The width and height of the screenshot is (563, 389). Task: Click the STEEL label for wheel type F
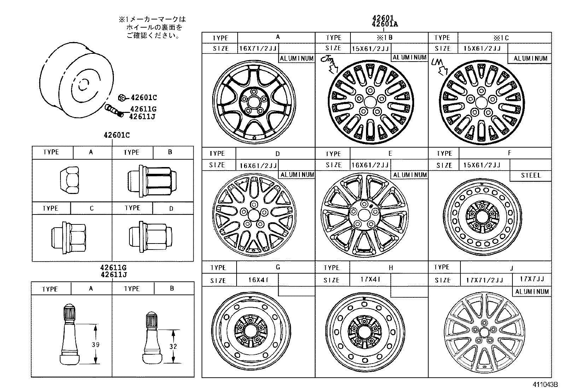pyautogui.click(x=531, y=175)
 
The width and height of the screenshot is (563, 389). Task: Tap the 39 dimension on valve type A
pyautogui.click(x=95, y=344)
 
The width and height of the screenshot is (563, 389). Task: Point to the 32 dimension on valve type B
pyautogui.click(x=173, y=347)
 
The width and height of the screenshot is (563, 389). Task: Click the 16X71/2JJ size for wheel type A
pyautogui.click(x=258, y=48)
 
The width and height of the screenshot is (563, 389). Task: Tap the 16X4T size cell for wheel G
pyautogui.click(x=258, y=280)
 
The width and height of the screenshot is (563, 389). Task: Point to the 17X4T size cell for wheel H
pyautogui.click(x=371, y=279)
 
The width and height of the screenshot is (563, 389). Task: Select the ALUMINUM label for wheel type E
pyautogui.click(x=410, y=175)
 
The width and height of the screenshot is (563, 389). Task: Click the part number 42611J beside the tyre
pyautogui.click(x=143, y=116)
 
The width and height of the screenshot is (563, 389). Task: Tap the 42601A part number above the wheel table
pyautogui.click(x=384, y=24)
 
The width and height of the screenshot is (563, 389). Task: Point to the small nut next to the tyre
pyautogui.click(x=121, y=97)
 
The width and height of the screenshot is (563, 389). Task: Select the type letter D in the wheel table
pyautogui.click(x=278, y=154)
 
